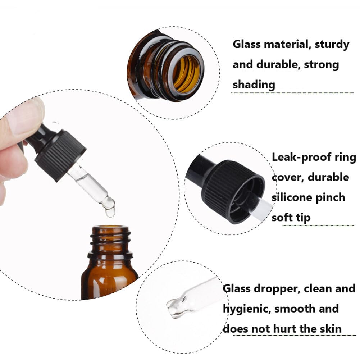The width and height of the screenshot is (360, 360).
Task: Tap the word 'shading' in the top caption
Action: (x=254, y=85)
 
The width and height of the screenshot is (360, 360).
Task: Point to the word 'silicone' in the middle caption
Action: (x=294, y=198)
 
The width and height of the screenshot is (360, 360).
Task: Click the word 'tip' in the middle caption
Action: (x=304, y=218)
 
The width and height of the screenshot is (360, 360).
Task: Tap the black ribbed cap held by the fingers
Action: (x=61, y=155)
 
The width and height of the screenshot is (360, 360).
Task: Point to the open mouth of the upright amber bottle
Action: (x=110, y=229)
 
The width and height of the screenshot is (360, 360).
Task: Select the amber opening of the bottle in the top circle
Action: (x=186, y=73)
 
